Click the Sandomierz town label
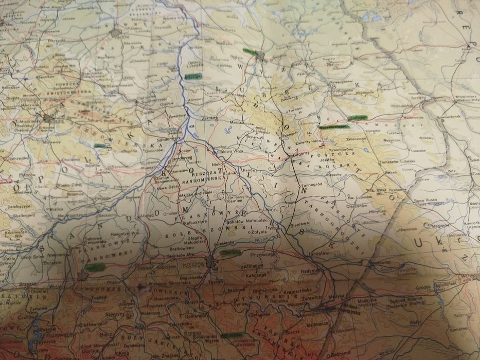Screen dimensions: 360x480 point(173,138)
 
